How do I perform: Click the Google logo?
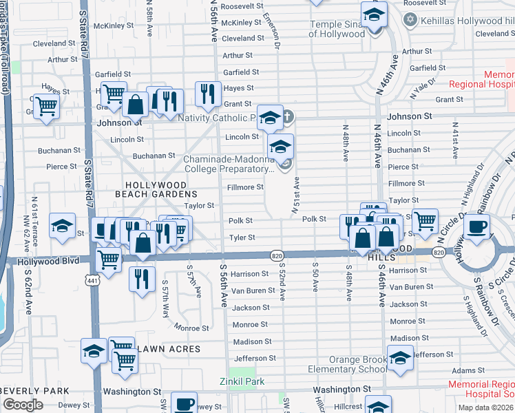click(x=23, y=405)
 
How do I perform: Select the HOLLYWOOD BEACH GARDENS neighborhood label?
click(x=155, y=190)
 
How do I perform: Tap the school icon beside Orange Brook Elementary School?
click(x=400, y=357)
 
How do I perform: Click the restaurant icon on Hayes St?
click(x=207, y=92)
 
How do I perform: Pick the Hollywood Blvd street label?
click(x=41, y=262)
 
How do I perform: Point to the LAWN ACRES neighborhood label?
click(x=169, y=350)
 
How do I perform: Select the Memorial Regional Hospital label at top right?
click(x=481, y=79)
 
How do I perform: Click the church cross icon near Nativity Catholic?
click(x=288, y=116)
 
